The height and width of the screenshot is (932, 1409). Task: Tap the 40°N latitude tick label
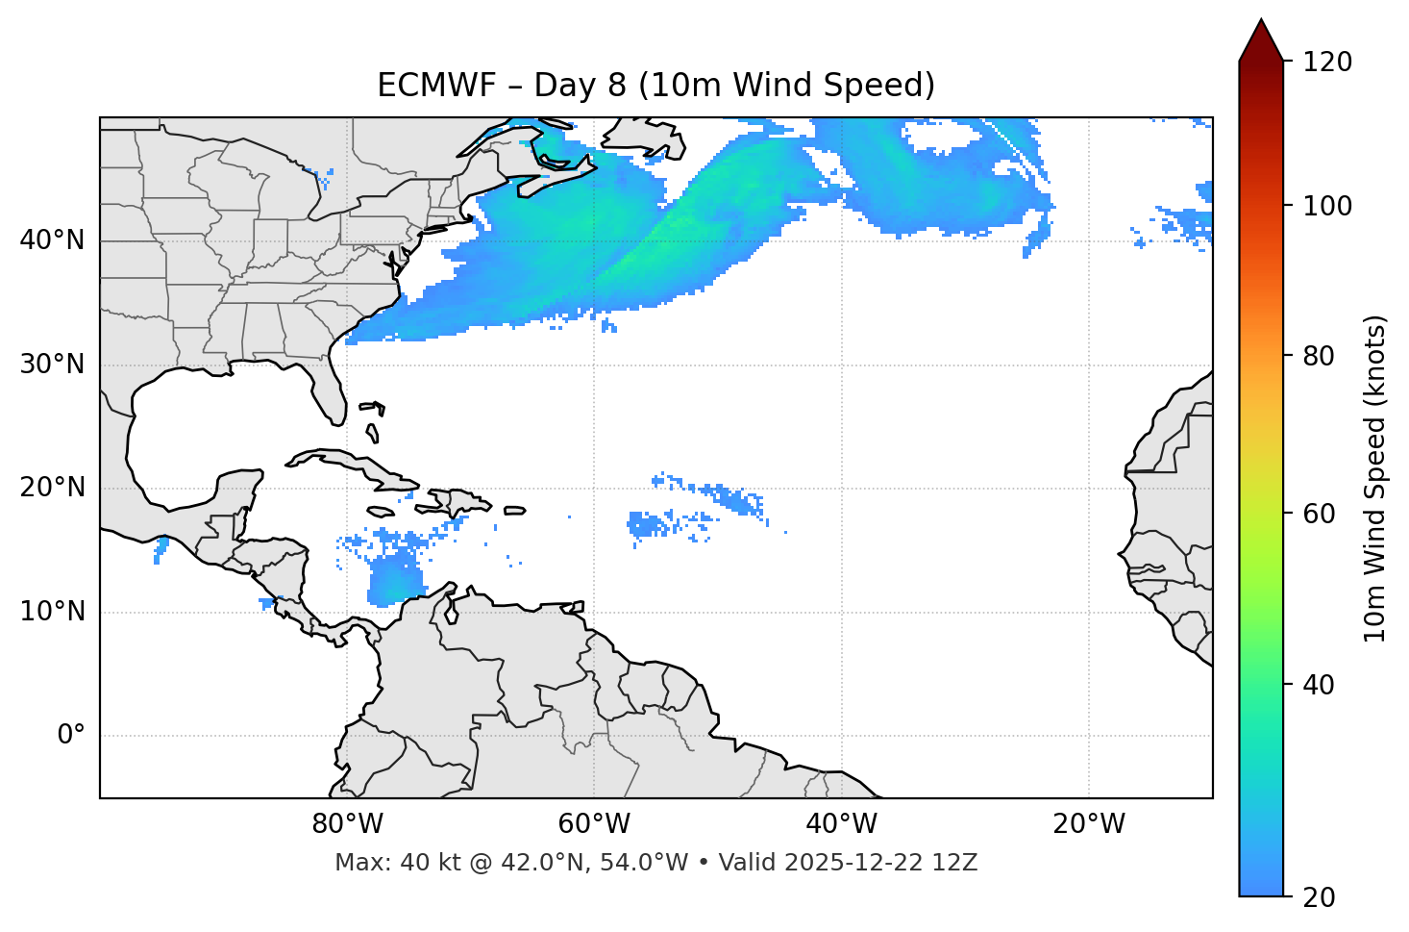(52, 240)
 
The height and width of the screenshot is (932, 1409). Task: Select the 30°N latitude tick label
(52, 365)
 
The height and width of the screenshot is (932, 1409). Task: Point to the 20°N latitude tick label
(52, 488)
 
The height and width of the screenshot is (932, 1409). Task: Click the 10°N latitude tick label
(52, 612)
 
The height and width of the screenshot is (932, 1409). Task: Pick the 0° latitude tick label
(70, 736)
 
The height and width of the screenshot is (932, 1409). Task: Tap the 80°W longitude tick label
(347, 824)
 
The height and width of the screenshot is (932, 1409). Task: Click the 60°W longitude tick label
(594, 824)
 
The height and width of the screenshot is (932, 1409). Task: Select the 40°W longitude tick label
(841, 824)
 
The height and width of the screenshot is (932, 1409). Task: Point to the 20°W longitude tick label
(1088, 824)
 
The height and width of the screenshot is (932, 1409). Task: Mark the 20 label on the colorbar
(1320, 897)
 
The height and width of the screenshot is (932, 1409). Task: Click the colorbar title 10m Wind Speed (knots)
(1375, 478)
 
